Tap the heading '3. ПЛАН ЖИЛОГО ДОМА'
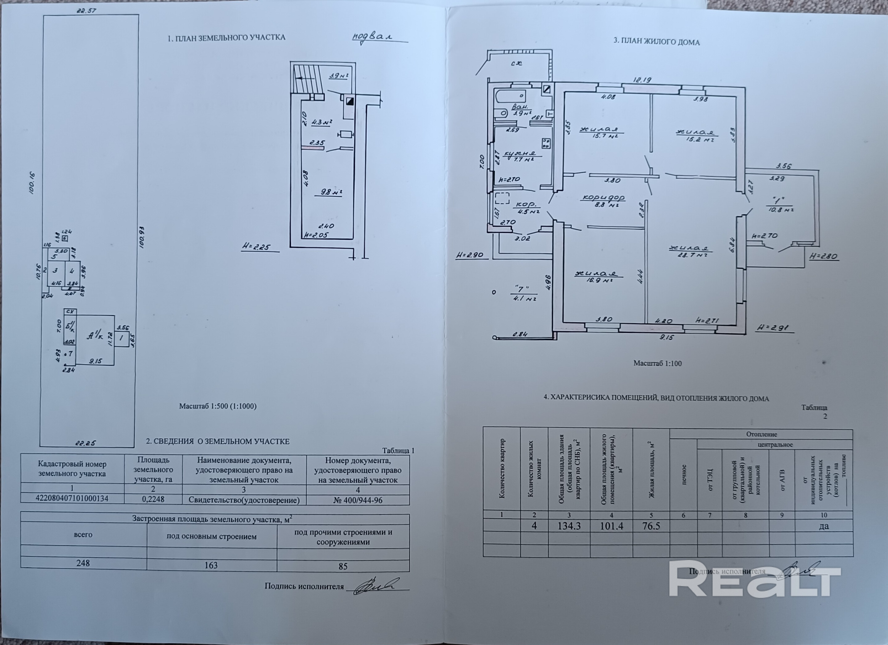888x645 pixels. pos(657,42)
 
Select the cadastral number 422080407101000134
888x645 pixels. pos(72,498)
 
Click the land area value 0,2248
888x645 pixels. pos(153,499)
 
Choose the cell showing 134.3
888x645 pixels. pos(569,526)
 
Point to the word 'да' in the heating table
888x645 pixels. pos(824,526)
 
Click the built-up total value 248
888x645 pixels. pos(83,563)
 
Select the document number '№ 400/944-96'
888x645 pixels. pos(358,500)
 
